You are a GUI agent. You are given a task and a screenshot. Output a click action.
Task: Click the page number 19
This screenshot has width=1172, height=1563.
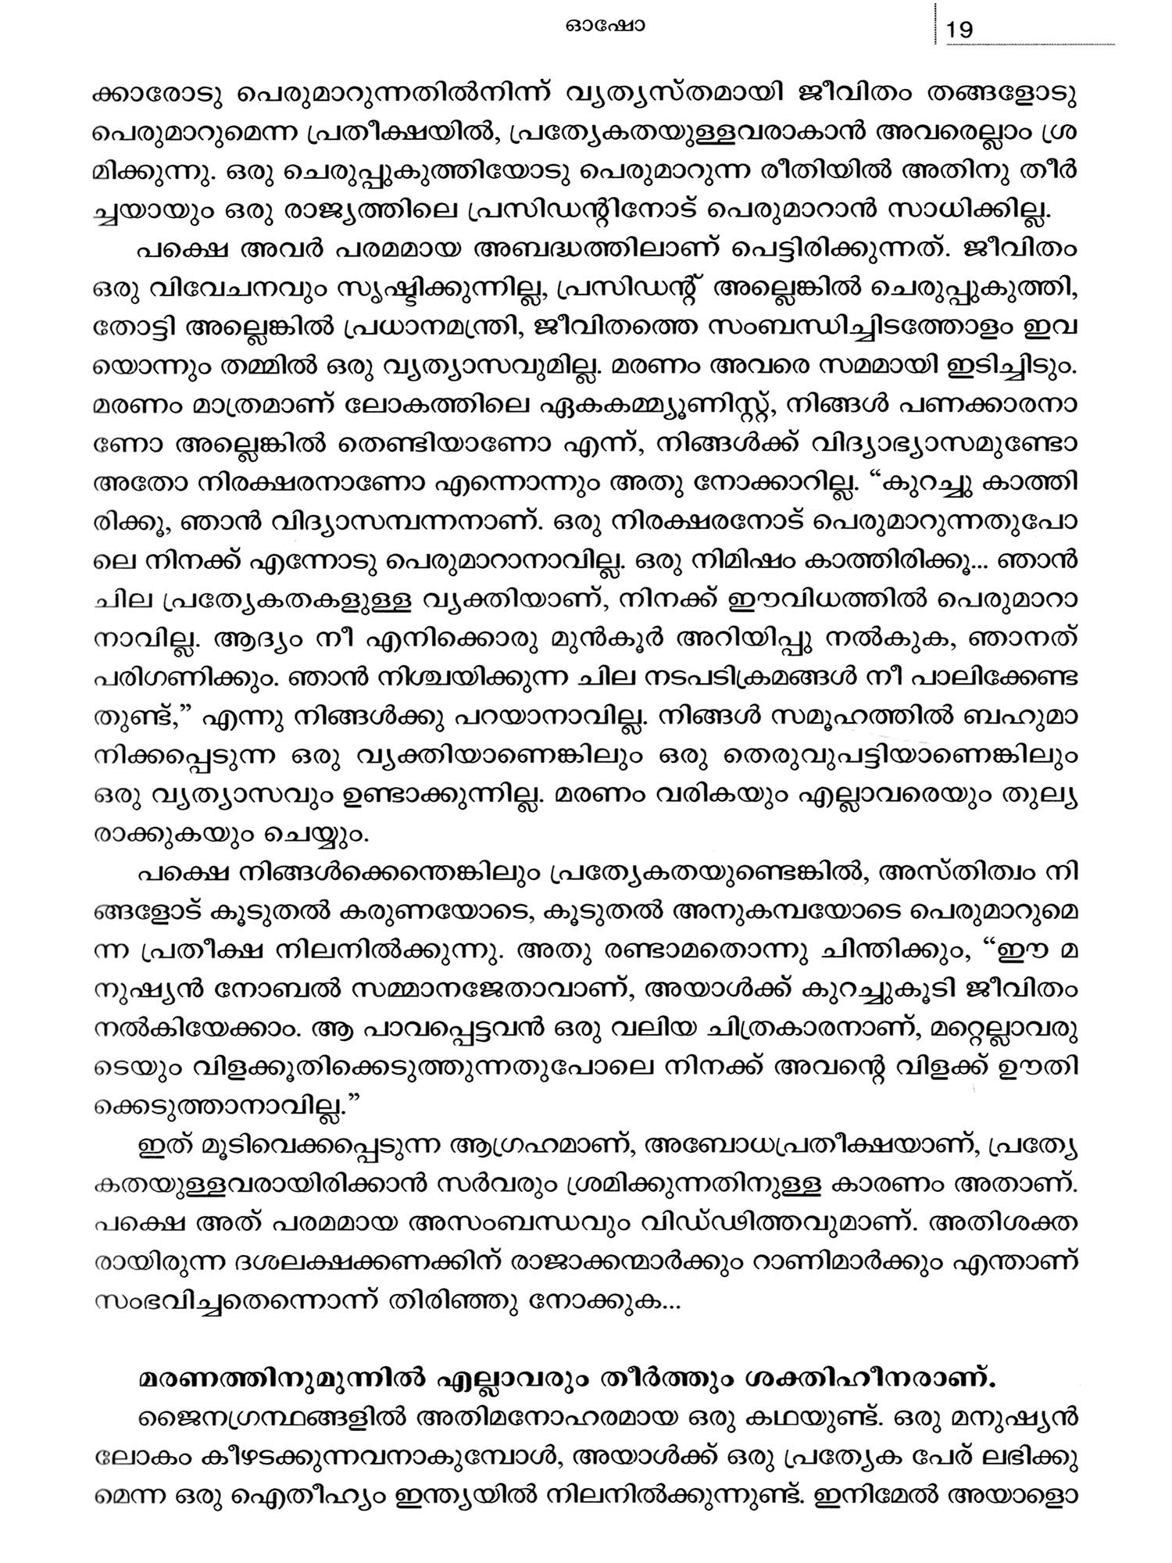tap(959, 30)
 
